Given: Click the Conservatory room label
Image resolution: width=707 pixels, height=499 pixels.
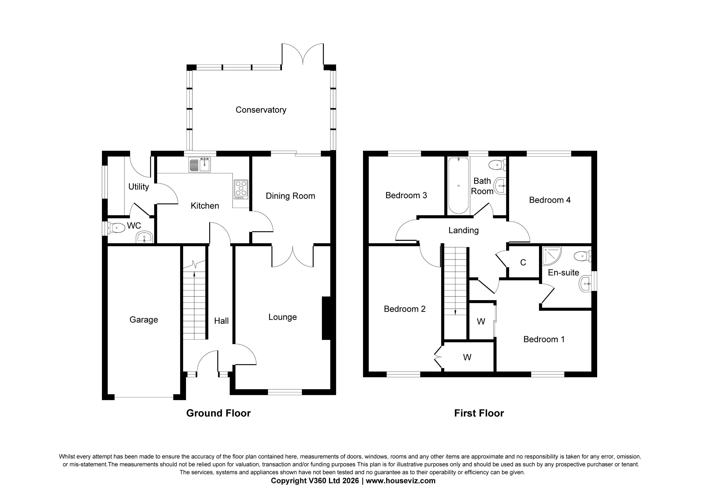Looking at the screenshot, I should (x=261, y=110).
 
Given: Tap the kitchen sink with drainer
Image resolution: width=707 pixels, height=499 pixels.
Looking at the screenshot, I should (x=200, y=165).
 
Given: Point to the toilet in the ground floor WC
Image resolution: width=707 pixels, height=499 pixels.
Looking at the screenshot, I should (x=116, y=228).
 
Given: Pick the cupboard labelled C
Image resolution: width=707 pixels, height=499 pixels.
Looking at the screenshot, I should (x=523, y=262).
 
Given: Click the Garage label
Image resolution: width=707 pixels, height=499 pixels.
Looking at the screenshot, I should (x=144, y=320).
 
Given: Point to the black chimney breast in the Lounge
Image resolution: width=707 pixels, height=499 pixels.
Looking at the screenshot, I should (x=326, y=318).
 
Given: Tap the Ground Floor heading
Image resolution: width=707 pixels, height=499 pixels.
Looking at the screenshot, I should (x=218, y=413).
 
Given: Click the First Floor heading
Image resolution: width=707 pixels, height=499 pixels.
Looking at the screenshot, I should (x=479, y=413).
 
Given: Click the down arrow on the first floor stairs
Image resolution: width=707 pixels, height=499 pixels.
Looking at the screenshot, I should (x=455, y=312).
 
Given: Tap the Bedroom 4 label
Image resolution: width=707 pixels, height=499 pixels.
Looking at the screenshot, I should (x=550, y=200).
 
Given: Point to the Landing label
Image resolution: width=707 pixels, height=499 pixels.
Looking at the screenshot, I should (x=463, y=230).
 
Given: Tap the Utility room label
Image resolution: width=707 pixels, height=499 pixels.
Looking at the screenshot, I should (x=139, y=187).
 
